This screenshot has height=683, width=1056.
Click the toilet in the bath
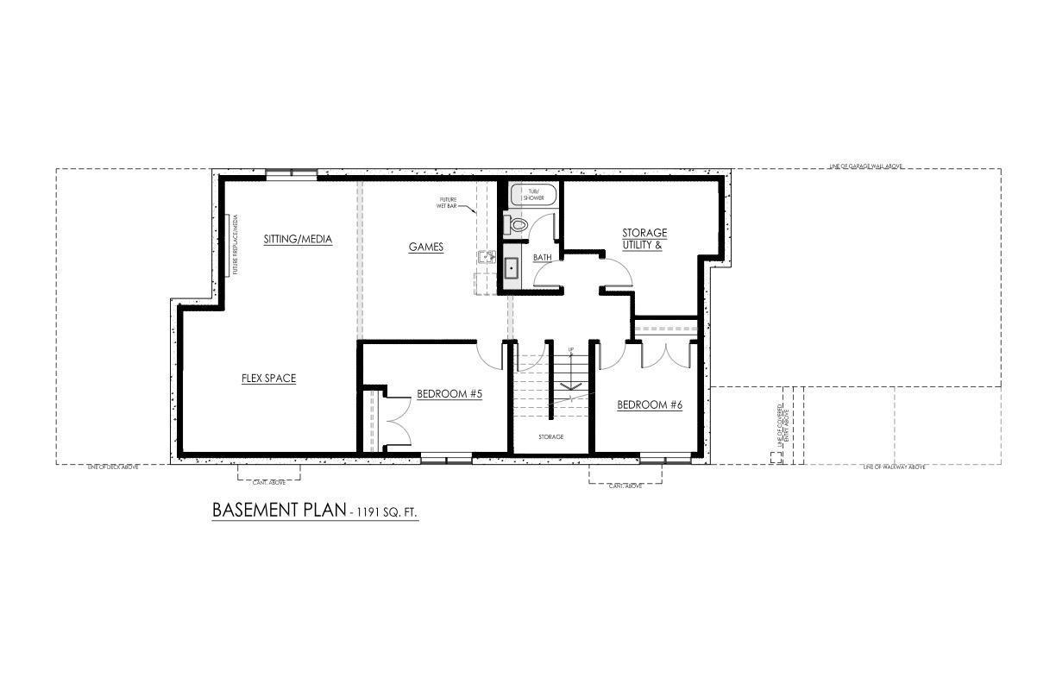[519, 224]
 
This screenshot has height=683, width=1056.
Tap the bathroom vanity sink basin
[511, 267]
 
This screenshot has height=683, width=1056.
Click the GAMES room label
[425, 248]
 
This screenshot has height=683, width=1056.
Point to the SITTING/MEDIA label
[298, 239]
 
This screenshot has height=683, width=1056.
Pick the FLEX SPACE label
[268, 378]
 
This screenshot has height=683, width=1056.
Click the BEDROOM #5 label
[449, 394]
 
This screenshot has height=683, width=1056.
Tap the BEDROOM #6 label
[650, 404]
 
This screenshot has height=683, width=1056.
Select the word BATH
[542, 258]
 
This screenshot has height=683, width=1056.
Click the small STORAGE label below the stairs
[550, 437]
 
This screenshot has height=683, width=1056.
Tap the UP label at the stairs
[570, 349]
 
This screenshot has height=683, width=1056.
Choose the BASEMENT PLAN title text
[278, 510]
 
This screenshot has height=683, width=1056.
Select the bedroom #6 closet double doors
[666, 355]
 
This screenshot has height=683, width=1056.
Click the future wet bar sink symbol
[486, 257]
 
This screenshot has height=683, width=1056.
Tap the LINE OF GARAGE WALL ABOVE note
[864, 166]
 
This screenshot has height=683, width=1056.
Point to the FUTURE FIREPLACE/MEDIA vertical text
[234, 246]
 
